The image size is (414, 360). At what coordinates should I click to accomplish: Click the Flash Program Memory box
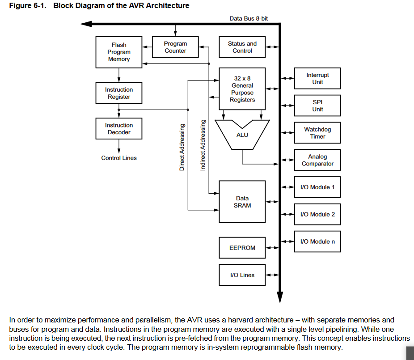pos(118,52)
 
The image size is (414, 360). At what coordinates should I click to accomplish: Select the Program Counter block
pos(175,47)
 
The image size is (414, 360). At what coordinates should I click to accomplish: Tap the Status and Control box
pos(242,47)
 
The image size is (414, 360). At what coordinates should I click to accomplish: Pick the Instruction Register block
pos(118,93)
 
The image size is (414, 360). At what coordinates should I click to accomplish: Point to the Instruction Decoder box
pos(118,129)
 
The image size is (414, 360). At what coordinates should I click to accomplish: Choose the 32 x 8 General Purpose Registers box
pos(242,89)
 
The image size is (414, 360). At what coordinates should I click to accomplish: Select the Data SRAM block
pos(242,202)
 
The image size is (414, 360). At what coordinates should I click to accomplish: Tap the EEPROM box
pos(242,248)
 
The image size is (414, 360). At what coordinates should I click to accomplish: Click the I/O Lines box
pos(242,275)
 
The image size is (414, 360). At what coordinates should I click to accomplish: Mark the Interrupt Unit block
pos(317,79)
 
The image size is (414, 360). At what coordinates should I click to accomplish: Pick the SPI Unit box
pos(317,106)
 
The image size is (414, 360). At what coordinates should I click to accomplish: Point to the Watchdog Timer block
pos(317,133)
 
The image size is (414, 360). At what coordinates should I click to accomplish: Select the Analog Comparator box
pos(317,160)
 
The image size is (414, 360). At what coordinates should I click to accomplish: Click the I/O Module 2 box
pos(317,214)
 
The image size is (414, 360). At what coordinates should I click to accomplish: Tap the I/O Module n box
pos(317,241)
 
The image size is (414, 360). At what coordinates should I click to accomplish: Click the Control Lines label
pos(119,158)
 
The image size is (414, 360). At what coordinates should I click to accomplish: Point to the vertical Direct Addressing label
pos(182,147)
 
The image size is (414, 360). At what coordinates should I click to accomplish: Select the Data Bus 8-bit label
pos(249,18)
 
